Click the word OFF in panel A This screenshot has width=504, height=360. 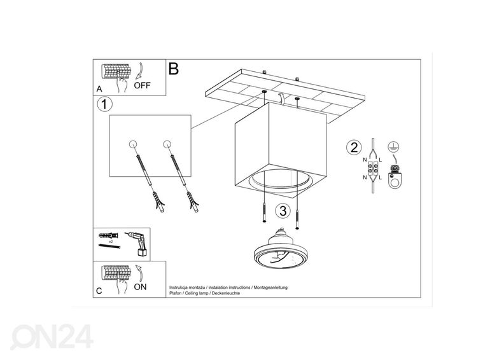pos(142,85)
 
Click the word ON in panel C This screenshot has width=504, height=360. pos(140,287)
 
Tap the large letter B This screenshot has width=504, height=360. pos(174,69)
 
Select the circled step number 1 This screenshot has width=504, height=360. pos(104,104)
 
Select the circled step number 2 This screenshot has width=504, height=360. pos(354,148)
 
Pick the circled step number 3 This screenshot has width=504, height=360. pos(283,211)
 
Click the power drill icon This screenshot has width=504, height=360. pos(139,244)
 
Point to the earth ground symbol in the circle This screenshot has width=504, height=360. pos(391,146)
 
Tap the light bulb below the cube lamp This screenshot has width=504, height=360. pos(278,249)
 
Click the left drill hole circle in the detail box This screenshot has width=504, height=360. pos(133,144)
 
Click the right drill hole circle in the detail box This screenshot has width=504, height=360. pos(167,144)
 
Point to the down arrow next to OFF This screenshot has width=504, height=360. pos(140,71)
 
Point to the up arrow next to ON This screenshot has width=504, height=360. pos(139,272)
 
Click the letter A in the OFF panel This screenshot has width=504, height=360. pos(99,89)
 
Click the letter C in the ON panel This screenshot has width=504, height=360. pos(99,291)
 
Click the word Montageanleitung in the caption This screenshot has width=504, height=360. pos(270,287)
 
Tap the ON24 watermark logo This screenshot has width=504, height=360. pos(52,336)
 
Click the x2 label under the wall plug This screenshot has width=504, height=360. pos(111,241)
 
